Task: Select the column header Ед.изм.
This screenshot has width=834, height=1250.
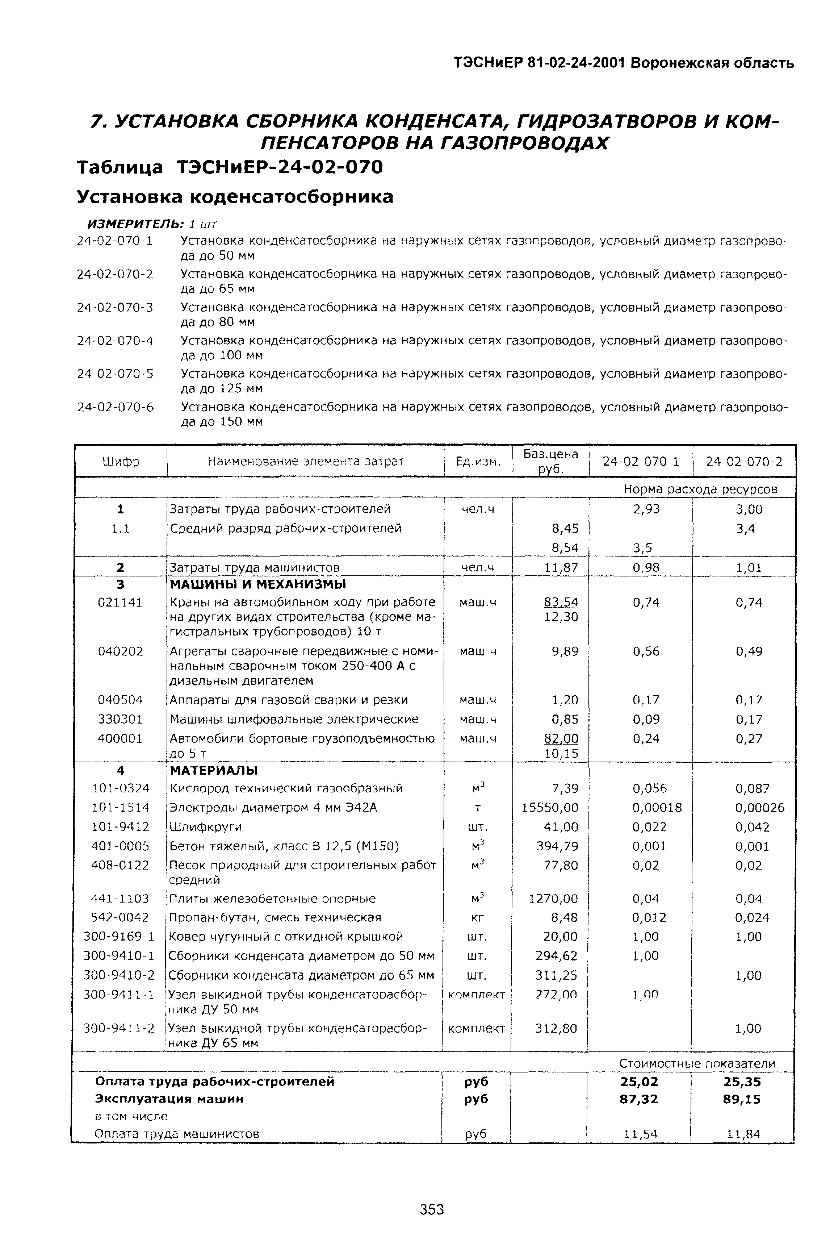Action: pos(478,461)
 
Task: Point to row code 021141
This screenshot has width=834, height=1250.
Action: pos(120,603)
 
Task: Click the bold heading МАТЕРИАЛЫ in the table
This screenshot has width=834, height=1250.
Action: pos(213,770)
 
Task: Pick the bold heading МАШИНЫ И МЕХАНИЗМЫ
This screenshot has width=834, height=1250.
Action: pos(257,584)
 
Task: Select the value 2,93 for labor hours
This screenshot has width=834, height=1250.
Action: pos(646,509)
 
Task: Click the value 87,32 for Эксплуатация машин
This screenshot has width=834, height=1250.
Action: pos(639,1099)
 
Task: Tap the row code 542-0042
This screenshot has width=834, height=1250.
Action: pos(120,917)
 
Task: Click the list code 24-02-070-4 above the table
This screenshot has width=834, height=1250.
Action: pos(115,341)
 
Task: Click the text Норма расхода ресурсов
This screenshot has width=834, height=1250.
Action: pos(700,488)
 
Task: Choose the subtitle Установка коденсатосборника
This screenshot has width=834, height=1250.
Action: pos(235,197)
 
